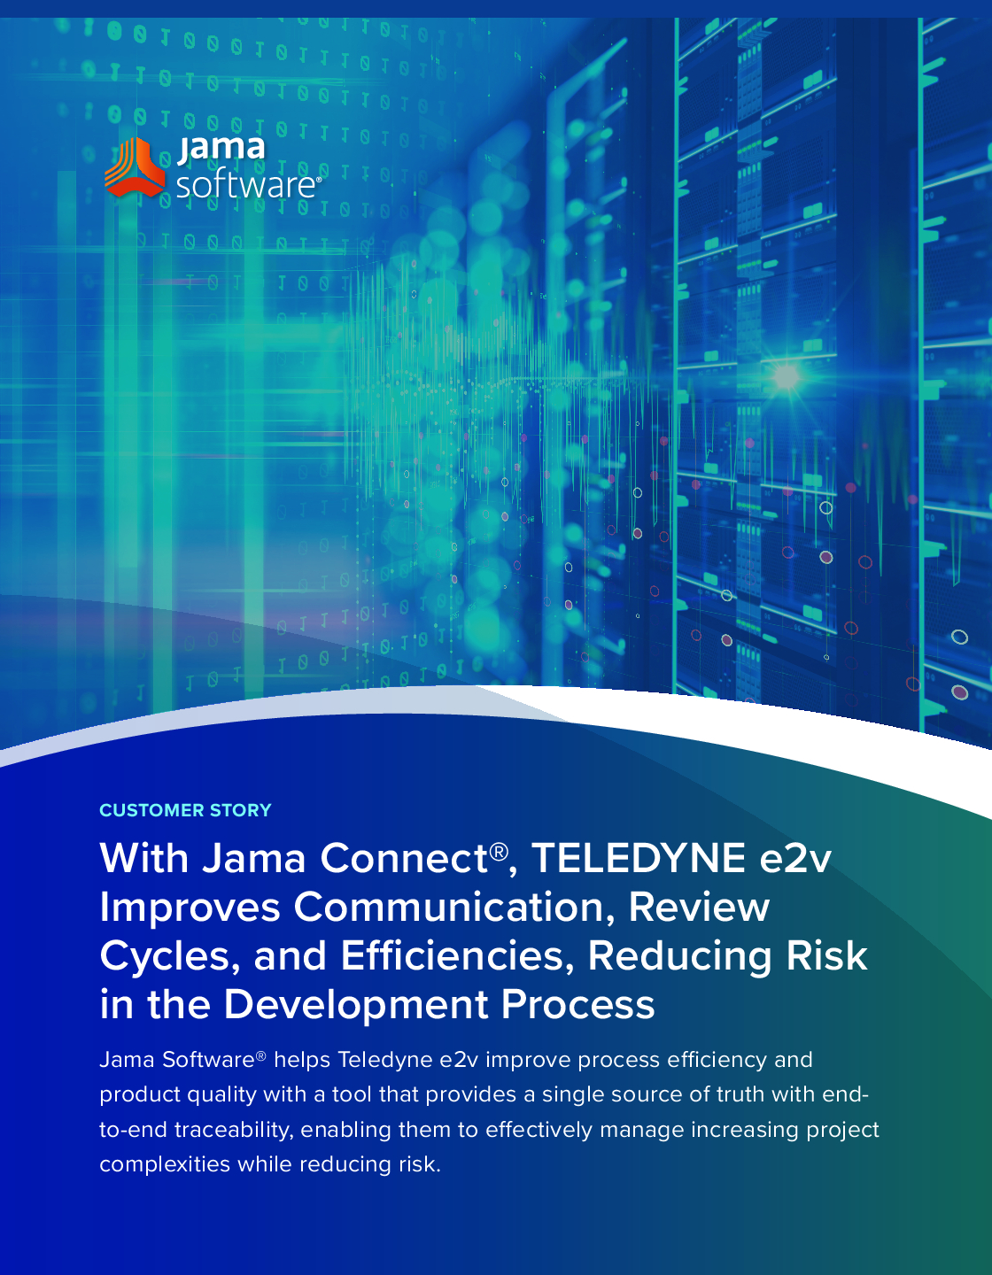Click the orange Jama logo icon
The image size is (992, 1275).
[x=135, y=167]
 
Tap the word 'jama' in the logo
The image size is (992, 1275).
[x=221, y=149]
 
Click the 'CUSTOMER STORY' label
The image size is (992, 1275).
[x=185, y=810]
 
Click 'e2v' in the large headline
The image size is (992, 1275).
[x=795, y=859]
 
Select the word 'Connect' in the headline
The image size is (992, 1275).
[x=405, y=858]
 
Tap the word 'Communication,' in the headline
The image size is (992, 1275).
[x=454, y=908]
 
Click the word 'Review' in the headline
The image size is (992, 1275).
[x=699, y=908]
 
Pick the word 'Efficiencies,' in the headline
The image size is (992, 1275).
[x=457, y=956]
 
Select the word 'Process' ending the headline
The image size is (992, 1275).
[x=577, y=1005]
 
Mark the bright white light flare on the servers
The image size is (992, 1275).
[x=786, y=376]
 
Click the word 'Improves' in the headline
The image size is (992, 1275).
[x=190, y=908]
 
